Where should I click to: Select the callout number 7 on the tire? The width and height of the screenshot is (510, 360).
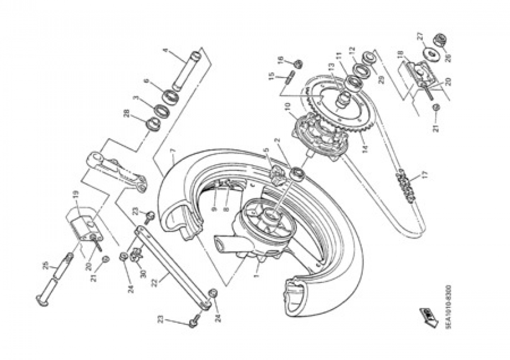173,151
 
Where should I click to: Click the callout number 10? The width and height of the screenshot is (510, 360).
287,106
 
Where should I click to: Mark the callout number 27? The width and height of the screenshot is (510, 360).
420,36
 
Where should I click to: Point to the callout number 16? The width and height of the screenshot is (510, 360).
280,59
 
